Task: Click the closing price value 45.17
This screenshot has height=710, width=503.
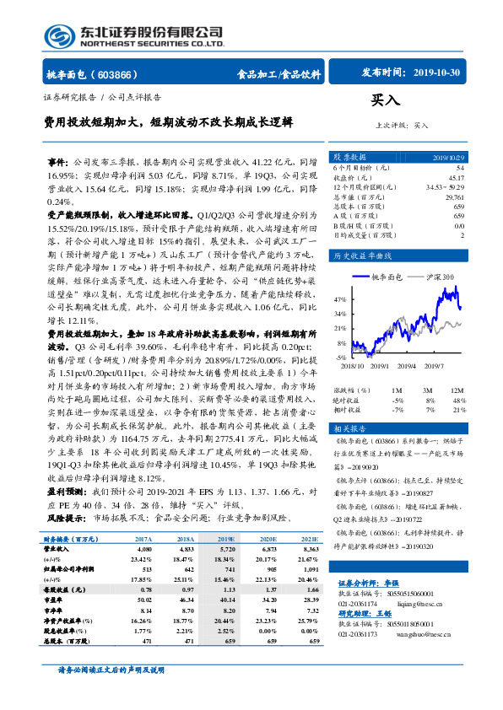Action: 455,177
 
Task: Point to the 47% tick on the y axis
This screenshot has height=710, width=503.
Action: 339,299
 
